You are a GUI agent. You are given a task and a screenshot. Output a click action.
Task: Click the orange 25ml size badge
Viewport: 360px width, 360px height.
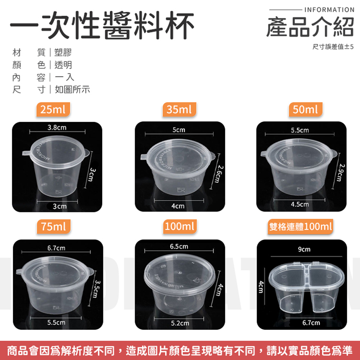coord(53,109)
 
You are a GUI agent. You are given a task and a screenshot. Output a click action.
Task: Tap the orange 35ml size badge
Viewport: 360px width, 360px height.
coord(179,109)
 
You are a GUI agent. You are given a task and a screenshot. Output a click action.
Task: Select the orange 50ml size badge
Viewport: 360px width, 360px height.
coord(305,109)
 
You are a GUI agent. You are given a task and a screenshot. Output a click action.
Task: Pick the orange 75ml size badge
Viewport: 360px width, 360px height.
coord(54,226)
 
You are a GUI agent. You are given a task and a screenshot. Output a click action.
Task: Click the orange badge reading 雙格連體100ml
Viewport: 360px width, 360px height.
coord(300,226)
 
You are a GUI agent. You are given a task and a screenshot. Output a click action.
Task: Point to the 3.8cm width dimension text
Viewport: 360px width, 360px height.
coord(57,127)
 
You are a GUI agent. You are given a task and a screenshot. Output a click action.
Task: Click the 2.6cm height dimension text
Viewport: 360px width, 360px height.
coord(219,174)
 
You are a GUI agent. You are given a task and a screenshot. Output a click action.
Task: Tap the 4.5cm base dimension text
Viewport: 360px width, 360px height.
coord(300,204)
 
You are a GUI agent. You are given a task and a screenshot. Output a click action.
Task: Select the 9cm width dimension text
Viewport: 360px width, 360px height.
coord(304,249)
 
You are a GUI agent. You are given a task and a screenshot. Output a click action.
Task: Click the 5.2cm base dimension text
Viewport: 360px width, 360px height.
coord(180,323)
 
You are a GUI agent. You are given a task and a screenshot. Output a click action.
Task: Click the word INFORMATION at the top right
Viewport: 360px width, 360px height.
coord(329,10)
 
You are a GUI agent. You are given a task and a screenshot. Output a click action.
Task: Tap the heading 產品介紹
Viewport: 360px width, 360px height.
coord(310,27)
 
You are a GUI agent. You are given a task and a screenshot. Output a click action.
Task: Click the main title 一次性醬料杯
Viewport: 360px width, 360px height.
coord(102,25)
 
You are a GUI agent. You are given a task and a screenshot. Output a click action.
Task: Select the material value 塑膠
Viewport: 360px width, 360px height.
coord(63,52)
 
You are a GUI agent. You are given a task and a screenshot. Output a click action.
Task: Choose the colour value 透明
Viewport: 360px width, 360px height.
coord(63,65)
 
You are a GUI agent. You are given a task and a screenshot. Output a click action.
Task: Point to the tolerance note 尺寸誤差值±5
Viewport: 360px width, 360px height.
coord(333,46)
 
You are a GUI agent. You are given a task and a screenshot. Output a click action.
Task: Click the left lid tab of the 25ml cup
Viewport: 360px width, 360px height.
coord(27,153)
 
